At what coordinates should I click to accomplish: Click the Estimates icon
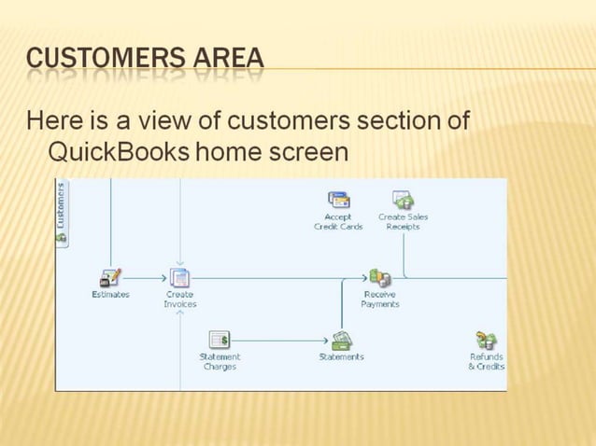[x=110, y=278]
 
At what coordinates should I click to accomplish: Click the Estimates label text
[x=110, y=295]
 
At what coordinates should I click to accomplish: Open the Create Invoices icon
[x=179, y=278]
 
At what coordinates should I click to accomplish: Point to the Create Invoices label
[x=179, y=300]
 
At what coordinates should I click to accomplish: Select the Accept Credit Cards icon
[x=338, y=200]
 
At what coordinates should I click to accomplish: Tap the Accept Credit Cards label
[x=338, y=222]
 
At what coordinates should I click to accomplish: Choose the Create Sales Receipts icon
[x=404, y=200]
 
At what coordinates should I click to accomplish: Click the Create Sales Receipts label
[x=404, y=222]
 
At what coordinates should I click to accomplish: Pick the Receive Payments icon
[x=380, y=278]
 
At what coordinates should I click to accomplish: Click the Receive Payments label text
[x=380, y=300]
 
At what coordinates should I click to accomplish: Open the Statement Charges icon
[x=220, y=341]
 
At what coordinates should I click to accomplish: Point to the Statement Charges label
[x=220, y=362]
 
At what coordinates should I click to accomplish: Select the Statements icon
[x=342, y=341]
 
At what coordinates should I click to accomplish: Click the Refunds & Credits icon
[x=486, y=341]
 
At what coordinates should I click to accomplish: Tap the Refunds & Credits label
[x=486, y=362]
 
